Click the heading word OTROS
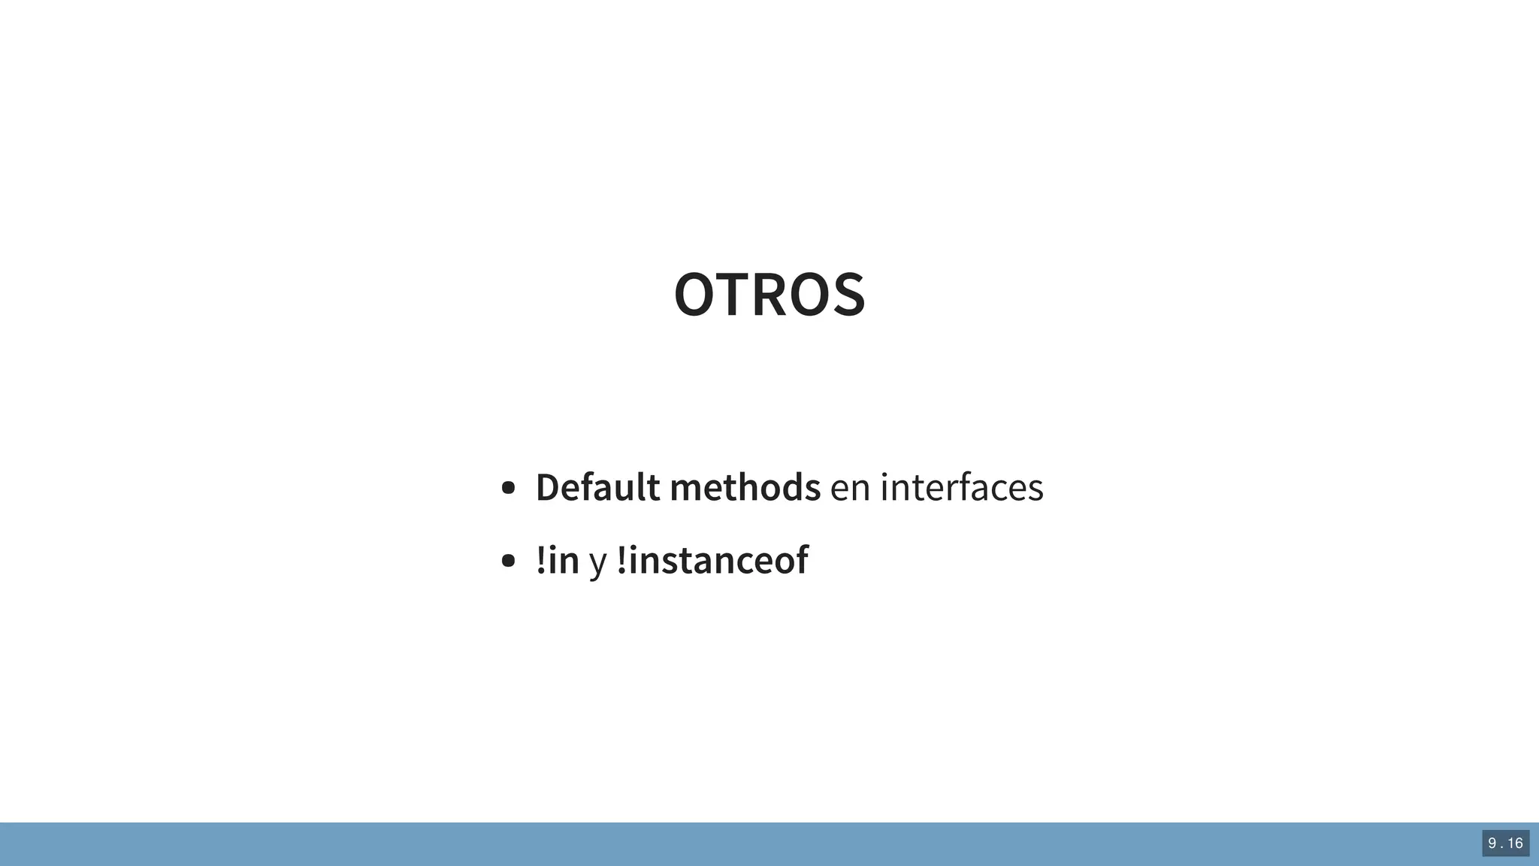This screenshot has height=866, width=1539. coord(769,295)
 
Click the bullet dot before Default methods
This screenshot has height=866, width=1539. coord(508,488)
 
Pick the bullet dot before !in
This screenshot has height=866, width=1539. coord(508,561)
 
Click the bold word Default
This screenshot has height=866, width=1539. coord(598,487)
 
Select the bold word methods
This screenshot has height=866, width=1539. coord(745,487)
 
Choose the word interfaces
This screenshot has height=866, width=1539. coord(962,487)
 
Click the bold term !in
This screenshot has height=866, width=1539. coord(558,560)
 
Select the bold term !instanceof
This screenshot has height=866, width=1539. coord(712,560)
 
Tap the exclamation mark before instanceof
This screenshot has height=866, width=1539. coord(621,560)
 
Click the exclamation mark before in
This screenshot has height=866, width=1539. coord(541,560)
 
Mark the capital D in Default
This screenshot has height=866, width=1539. coord(548,487)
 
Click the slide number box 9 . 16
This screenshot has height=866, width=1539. coord(1505,843)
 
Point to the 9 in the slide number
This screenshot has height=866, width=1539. coord(1492,843)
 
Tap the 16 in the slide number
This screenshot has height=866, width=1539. coord(1515,843)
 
